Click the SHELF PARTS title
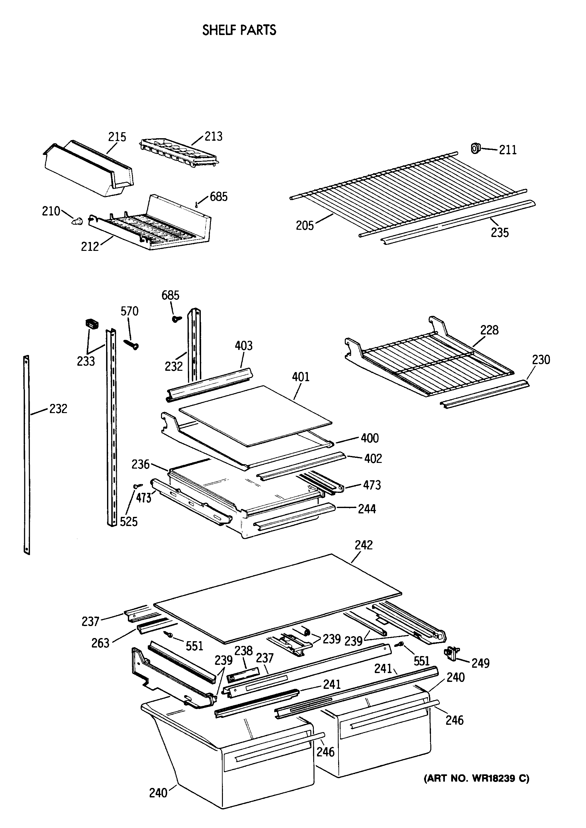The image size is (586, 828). (x=239, y=30)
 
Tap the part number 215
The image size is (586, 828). (x=117, y=137)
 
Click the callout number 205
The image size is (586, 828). (x=305, y=226)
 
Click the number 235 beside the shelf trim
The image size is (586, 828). (x=500, y=233)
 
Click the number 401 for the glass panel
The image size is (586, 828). (x=301, y=377)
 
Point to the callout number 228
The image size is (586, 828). (x=489, y=330)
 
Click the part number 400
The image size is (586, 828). (x=370, y=438)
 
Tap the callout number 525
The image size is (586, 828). (x=129, y=522)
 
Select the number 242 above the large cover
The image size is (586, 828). (x=363, y=545)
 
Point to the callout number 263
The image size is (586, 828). (x=100, y=643)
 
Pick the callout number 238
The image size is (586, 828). (x=243, y=651)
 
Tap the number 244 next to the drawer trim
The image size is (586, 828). (x=367, y=509)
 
